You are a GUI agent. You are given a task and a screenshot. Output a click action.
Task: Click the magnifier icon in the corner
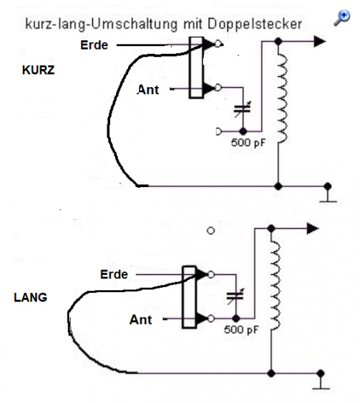coord(342,18)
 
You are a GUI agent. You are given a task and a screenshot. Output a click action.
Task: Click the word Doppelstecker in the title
coord(255,24)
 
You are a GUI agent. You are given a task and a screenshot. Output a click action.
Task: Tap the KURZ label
coord(38,70)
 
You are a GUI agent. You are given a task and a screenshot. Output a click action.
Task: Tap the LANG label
coord(30,297)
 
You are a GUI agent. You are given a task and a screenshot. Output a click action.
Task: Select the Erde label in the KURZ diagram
coord(94,45)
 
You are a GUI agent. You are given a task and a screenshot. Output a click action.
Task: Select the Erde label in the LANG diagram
coord(114,274)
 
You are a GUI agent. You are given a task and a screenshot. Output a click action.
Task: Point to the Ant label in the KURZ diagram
coord(148,90)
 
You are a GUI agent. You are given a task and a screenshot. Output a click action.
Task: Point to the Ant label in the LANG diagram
coord(140,320)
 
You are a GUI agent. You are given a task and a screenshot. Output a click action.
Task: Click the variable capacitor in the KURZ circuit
coord(242,109)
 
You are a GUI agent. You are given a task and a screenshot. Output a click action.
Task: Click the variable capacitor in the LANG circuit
coord(235,296)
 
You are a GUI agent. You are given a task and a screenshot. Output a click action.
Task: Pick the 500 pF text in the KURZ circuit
coord(248,142)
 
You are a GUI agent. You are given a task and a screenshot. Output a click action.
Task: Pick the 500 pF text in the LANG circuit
coord(241,330)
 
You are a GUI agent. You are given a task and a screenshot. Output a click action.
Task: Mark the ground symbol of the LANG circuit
coord(321,381)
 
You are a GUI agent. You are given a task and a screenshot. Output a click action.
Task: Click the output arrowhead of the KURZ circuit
coord(320,42)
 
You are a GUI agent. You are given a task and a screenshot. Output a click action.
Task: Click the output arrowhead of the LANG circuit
coord(313,229)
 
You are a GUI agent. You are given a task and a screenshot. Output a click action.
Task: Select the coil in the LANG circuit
coord(275,286)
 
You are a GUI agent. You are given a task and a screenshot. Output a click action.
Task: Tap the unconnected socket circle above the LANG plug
coord(210,231)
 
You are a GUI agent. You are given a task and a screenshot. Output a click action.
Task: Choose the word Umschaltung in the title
coord(134,25)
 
